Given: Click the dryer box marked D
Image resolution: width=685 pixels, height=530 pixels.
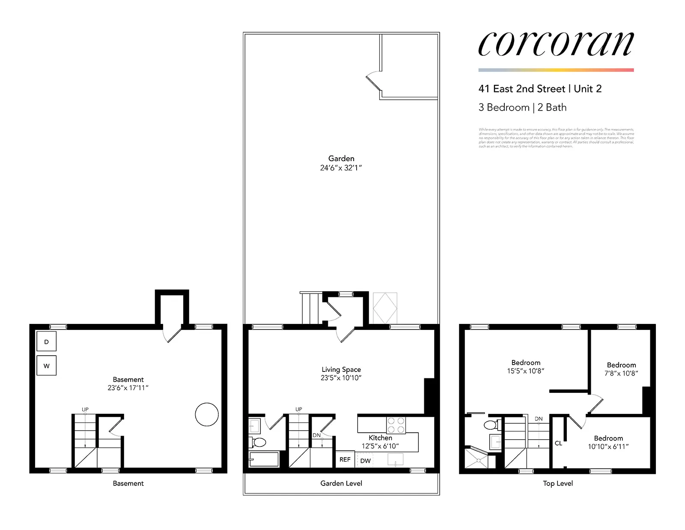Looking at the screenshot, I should pos(46,342).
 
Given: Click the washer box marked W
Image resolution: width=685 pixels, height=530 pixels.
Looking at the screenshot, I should pos(46,366).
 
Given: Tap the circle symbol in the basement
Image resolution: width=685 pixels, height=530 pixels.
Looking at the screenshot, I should pos(207,414).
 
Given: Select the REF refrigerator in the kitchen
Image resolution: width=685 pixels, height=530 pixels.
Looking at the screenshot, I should pos(345,460).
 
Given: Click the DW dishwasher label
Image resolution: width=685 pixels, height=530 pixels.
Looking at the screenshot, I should pos(365,461).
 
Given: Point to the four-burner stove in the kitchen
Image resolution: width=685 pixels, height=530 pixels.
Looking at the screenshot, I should pos(396,425).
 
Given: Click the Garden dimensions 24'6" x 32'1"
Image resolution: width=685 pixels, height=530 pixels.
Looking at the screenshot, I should pos(341,168).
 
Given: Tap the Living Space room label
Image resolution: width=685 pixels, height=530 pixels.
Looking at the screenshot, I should pos(341,369).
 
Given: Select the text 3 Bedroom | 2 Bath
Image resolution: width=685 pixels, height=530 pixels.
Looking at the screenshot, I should pos(522,108).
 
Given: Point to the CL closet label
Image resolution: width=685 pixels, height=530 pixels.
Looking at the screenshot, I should pos(558,443).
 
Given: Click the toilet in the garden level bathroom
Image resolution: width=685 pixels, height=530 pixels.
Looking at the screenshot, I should pos(259,442).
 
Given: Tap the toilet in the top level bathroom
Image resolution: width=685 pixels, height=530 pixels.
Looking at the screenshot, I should pos(491,425).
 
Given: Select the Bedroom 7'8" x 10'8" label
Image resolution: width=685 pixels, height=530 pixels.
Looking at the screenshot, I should pos(621,369).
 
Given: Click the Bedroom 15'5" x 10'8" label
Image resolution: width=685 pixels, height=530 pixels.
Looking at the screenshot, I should pos(526,367).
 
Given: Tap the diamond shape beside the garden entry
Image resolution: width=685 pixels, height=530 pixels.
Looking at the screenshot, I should pos(385,308).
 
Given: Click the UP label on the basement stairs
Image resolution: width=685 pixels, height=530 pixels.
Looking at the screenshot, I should pos(85,410).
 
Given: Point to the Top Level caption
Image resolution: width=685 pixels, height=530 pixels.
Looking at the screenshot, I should pos(557,483).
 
